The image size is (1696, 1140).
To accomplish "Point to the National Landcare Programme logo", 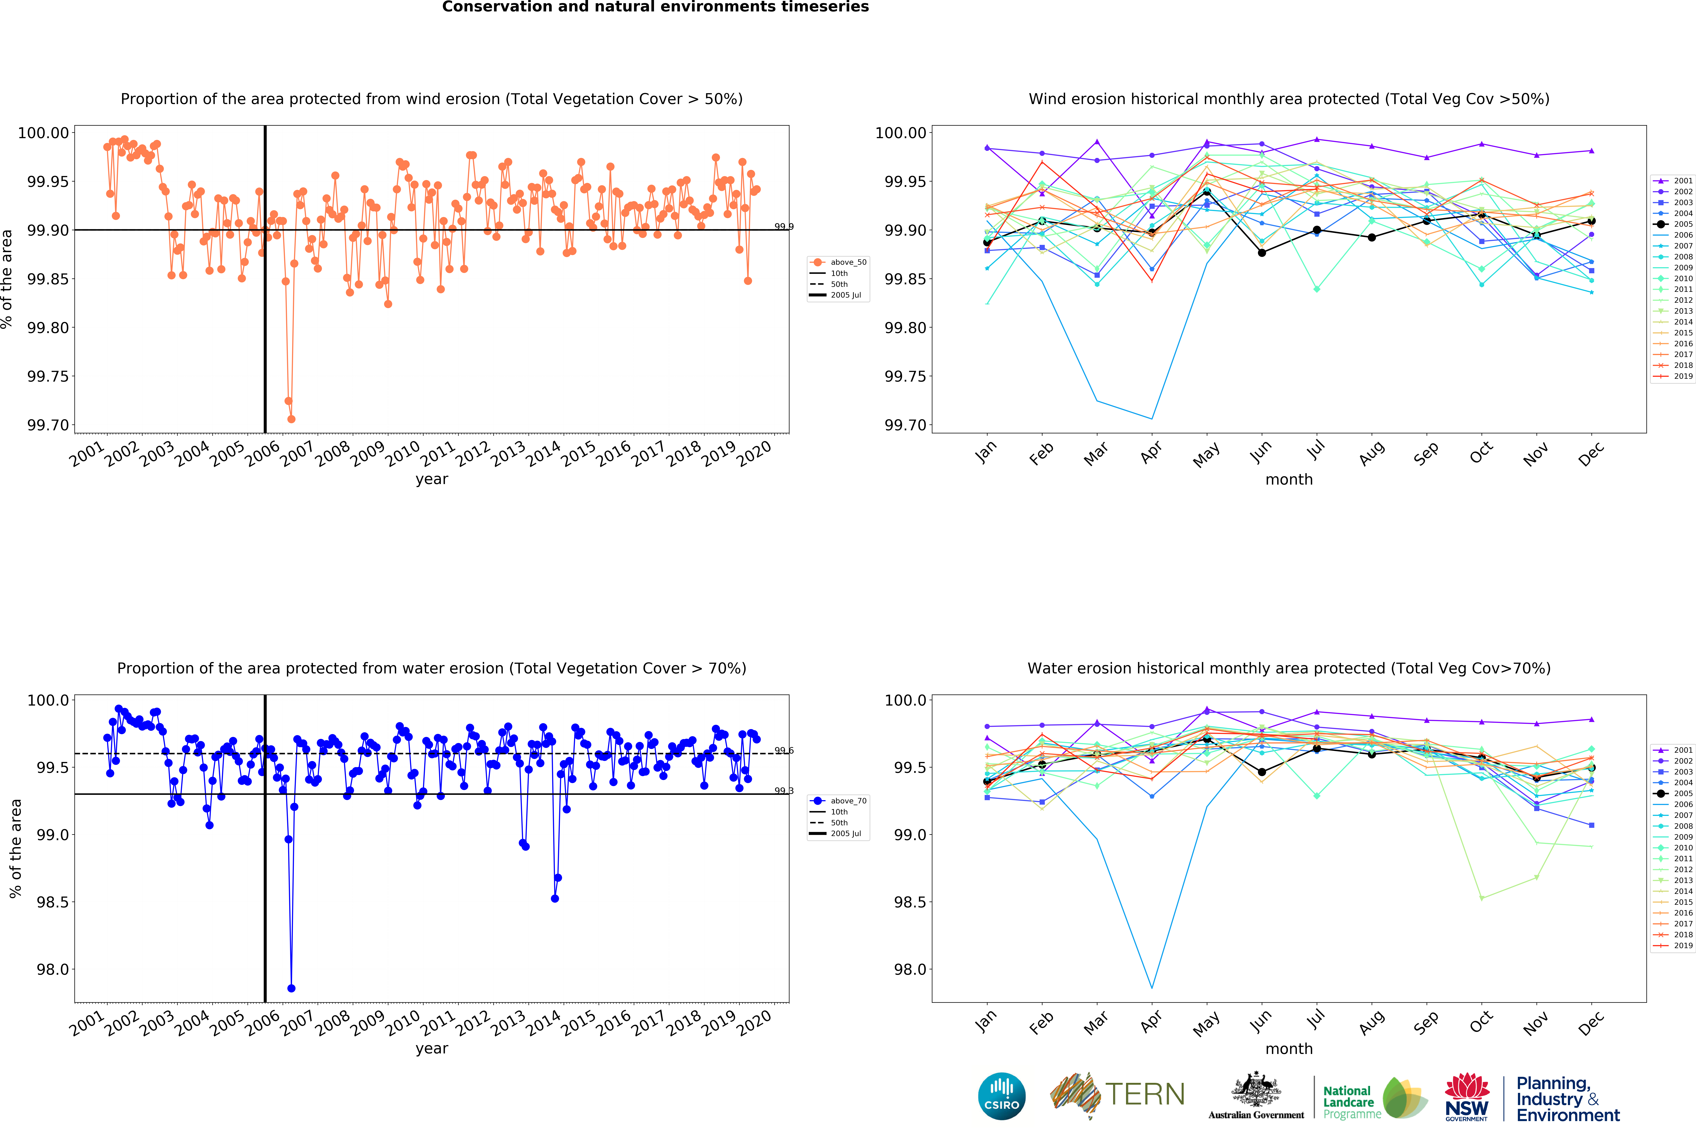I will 1373,1098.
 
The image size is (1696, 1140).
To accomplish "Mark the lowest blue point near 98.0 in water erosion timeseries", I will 291,988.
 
